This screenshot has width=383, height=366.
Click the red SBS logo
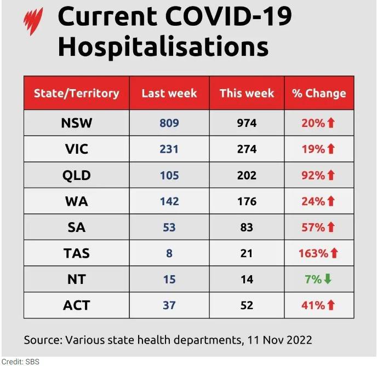point(33,21)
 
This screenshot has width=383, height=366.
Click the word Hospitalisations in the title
point(163,47)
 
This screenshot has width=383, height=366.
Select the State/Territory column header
point(77,94)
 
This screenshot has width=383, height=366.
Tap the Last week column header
point(169,94)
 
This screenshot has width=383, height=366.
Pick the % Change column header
point(319,94)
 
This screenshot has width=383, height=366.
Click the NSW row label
point(77,123)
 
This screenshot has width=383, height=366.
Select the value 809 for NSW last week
point(169,123)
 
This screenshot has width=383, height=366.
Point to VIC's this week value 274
point(247,149)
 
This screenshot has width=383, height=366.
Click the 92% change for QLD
point(313,175)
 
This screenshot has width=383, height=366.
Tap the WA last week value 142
point(169,201)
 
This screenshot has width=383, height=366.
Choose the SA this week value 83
point(247,228)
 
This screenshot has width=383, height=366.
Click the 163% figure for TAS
point(313,253)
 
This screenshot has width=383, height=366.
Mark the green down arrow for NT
point(328,279)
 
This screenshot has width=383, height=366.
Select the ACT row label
point(77,305)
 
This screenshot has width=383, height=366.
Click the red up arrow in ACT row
point(331,305)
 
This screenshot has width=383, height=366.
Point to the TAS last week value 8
point(169,253)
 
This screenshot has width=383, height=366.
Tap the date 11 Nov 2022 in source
point(279,340)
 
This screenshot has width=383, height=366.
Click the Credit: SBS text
point(20,362)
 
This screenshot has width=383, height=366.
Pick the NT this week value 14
point(247,280)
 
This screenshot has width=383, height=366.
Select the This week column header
point(247,94)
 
